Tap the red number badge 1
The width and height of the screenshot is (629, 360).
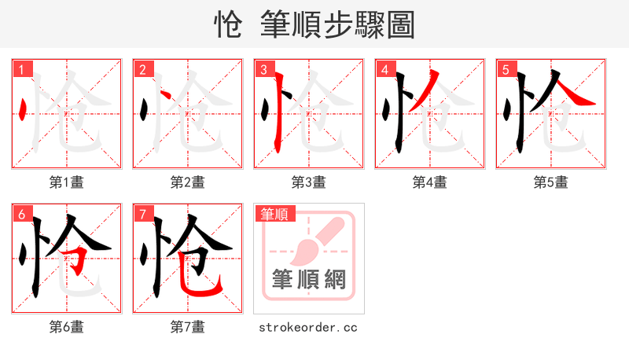22,69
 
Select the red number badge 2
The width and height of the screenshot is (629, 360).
143,69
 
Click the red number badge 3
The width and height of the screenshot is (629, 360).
264,69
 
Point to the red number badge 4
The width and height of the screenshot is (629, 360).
385,69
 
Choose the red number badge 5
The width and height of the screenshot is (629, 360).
506,69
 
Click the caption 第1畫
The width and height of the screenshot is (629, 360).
67,182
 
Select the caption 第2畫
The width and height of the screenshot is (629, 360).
188,182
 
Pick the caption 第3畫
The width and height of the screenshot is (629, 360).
309,182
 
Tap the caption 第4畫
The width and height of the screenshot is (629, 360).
430,182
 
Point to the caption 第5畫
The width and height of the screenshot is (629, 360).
551,182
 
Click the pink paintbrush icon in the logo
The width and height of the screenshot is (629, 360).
312,240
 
